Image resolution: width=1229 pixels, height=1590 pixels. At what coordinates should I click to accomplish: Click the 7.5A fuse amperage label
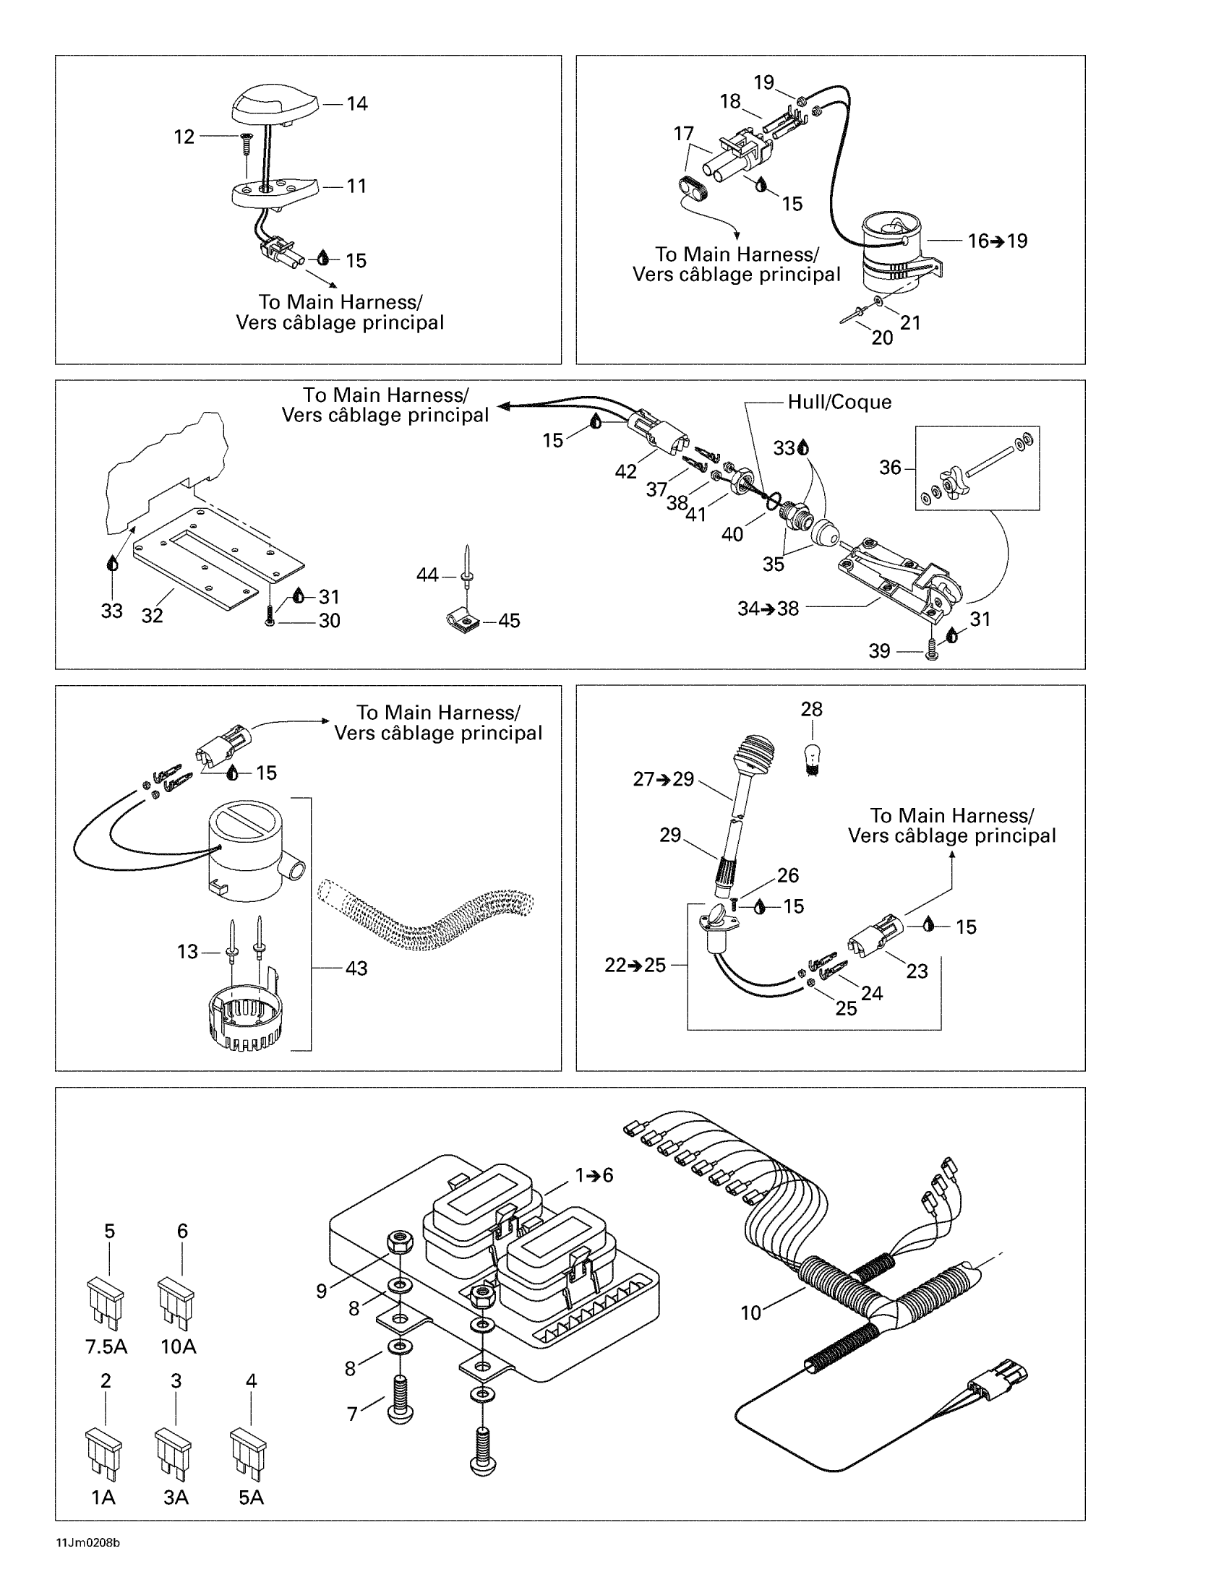pos(106,1346)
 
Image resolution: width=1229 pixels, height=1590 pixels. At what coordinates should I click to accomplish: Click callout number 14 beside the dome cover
pos(356,104)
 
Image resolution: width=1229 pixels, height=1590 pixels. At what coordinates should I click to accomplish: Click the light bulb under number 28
pos(811,757)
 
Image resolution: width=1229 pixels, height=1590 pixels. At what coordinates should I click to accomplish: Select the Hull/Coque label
pos(839,402)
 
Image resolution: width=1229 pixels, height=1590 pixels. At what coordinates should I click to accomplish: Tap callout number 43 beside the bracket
pos(356,968)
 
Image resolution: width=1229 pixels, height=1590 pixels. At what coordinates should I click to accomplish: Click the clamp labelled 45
pos(458,622)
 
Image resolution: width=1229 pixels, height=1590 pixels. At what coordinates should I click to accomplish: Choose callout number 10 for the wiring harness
pos(750,1312)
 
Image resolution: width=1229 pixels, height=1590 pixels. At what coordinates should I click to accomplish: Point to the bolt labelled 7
pos(401,1401)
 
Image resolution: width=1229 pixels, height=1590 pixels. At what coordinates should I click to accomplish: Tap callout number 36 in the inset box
pos(890,468)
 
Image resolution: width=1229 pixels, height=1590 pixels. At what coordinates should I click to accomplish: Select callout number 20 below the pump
pos(882,338)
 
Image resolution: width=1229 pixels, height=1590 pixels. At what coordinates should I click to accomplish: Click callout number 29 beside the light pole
pos(670,835)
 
